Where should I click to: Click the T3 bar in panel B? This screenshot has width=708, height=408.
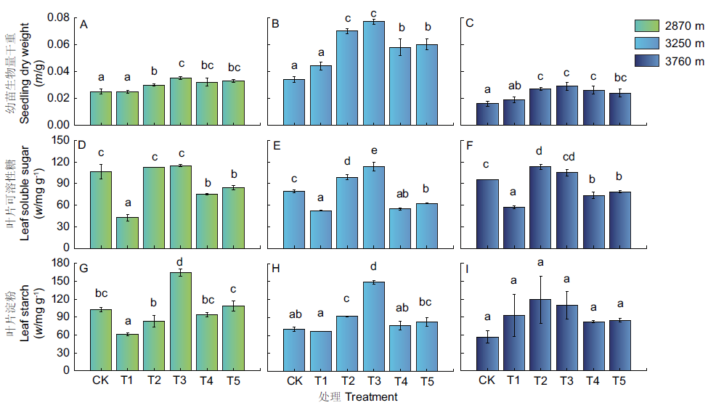pos(373,73)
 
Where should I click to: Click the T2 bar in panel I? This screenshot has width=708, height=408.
pos(540,335)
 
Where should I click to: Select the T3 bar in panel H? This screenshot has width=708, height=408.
pos(373,326)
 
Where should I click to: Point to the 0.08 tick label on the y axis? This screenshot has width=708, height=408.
pos(57,17)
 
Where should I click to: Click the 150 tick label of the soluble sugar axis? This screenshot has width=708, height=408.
pos(60,139)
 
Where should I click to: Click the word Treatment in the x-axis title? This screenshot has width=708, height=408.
pos(371,397)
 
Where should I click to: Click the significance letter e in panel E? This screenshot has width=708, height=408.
pos(373,150)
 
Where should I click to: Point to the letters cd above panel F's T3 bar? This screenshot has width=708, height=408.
pos(566,156)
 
